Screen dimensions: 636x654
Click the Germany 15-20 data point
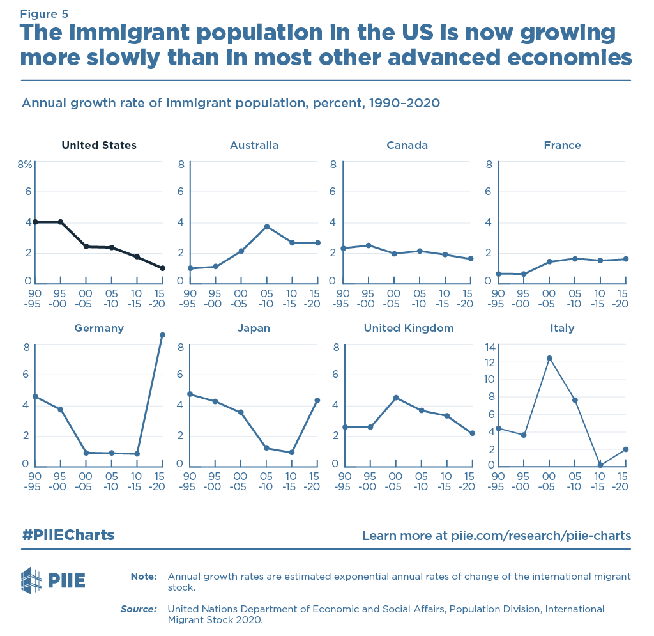click(x=162, y=335)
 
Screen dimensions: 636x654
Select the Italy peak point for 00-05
click(x=549, y=358)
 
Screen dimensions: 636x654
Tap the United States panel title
click(x=99, y=146)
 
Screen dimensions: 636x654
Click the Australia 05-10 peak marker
click(x=266, y=227)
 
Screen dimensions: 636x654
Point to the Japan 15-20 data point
click(x=317, y=400)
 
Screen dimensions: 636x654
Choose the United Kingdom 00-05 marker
click(x=396, y=398)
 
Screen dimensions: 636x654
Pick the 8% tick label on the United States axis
click(x=25, y=164)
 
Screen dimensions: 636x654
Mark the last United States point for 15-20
click(x=162, y=268)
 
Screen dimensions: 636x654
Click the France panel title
click(x=562, y=146)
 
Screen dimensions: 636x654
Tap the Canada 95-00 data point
click(x=369, y=245)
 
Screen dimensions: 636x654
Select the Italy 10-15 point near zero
click(x=600, y=465)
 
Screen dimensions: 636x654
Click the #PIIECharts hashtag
click(x=68, y=535)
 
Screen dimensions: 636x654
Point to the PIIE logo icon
click(x=31, y=580)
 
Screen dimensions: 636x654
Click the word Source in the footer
click(x=138, y=609)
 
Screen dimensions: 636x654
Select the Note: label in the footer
click(x=143, y=577)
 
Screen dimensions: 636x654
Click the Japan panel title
click(x=254, y=329)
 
